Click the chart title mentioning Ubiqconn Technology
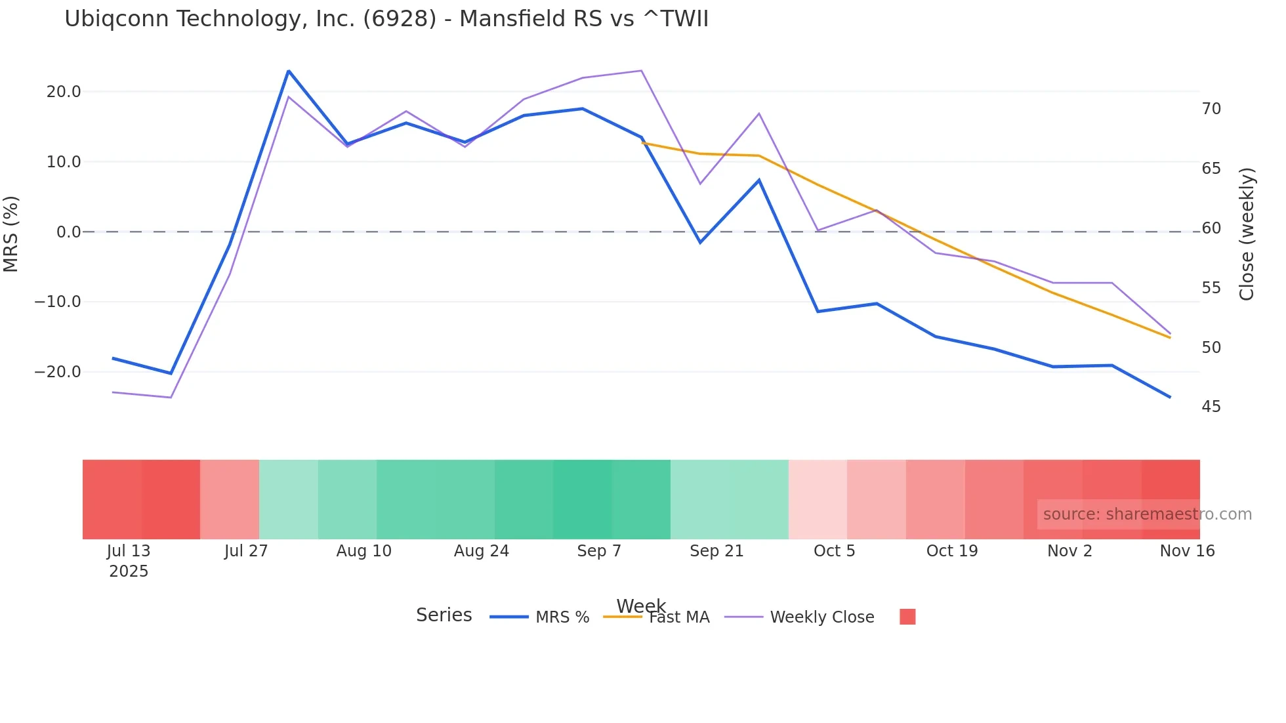[x=386, y=19]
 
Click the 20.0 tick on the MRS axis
[x=64, y=92]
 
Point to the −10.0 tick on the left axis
[x=58, y=302]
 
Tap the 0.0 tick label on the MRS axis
[x=69, y=232]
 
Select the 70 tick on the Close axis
[x=1211, y=109]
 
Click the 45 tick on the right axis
[x=1211, y=407]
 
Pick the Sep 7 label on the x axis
[x=599, y=551]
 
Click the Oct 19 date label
[x=952, y=551]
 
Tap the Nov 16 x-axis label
[x=1187, y=551]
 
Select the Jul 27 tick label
[x=246, y=551]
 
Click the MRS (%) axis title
[x=11, y=234]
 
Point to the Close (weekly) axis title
[x=1247, y=234]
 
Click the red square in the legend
[x=907, y=617]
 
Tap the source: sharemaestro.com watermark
[x=1147, y=514]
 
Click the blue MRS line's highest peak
[x=289, y=71]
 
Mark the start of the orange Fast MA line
[x=642, y=143]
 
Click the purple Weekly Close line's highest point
[x=641, y=70]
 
